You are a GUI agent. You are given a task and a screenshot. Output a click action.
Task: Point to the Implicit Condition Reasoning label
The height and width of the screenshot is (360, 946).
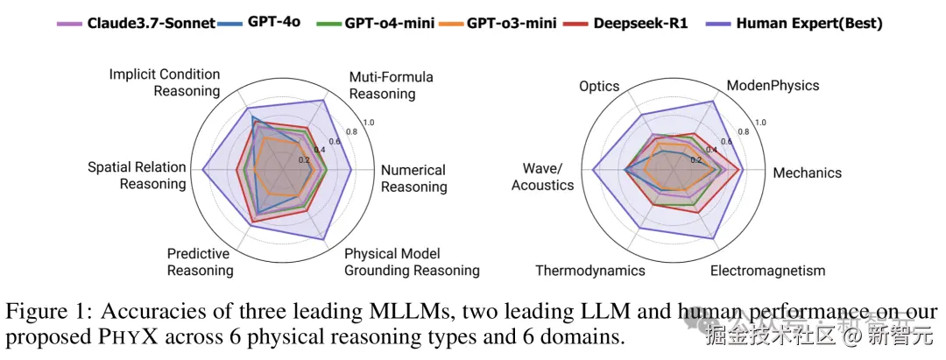pyautogui.click(x=165, y=82)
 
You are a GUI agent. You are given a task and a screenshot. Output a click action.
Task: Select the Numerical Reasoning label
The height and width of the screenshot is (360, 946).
pyautogui.click(x=414, y=178)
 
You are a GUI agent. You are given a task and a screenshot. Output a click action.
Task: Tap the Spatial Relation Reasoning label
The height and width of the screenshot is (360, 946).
pyautogui.click(x=137, y=175)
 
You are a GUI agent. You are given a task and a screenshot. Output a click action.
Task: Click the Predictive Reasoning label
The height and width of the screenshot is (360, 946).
pyautogui.click(x=200, y=261)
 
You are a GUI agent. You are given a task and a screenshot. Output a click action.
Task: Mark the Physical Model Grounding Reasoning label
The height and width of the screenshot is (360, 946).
pyautogui.click(x=412, y=262)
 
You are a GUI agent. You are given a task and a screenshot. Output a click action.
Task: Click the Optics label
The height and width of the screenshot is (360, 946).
pyautogui.click(x=599, y=86)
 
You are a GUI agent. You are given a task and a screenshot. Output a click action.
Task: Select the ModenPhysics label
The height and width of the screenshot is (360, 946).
pyautogui.click(x=773, y=85)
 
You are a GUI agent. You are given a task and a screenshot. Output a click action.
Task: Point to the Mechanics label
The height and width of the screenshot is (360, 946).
pyautogui.click(x=807, y=173)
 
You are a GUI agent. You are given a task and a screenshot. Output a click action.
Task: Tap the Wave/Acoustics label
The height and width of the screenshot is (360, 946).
pyautogui.click(x=542, y=176)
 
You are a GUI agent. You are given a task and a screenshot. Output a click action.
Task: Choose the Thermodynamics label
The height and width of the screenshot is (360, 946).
pyautogui.click(x=589, y=270)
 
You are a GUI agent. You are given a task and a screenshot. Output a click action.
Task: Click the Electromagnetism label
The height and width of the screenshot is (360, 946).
pyautogui.click(x=767, y=270)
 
